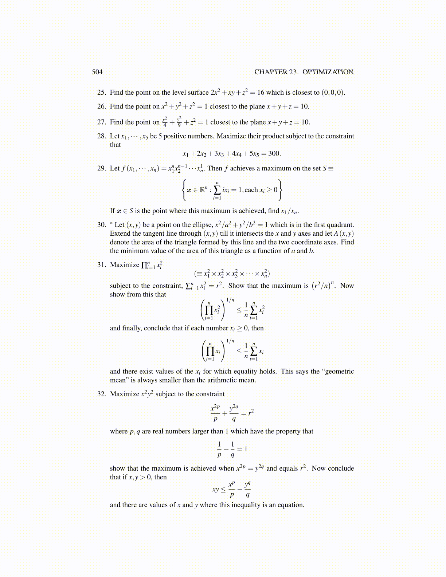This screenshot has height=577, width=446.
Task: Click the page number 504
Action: point(97,72)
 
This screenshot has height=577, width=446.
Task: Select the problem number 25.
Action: point(101,93)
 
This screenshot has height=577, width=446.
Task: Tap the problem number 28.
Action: point(101,136)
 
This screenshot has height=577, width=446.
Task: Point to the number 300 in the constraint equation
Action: point(274,153)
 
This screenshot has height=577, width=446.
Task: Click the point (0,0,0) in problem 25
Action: point(333,93)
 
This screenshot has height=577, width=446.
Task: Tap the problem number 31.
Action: point(101,265)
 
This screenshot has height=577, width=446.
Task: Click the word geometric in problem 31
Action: point(339,372)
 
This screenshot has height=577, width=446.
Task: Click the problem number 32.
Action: point(101,394)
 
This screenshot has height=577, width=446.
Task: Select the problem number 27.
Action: point(101,122)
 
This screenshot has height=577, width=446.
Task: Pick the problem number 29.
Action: point(101,168)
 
